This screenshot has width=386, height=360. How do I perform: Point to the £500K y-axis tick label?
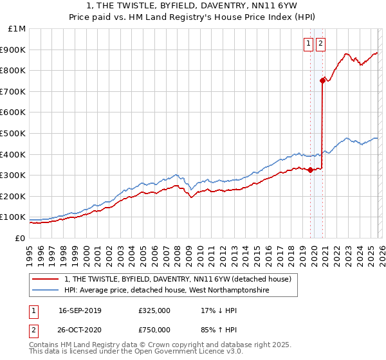pos(14,133)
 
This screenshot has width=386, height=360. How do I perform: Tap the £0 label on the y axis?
pos(20,238)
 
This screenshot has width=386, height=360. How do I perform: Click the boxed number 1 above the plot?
pos(309,44)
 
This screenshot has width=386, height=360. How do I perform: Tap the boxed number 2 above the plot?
pos(320,44)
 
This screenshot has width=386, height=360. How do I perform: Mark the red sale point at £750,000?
pos(322,80)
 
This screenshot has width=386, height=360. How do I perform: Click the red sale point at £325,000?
pos(310,170)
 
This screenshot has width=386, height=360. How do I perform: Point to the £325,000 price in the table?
pos(154,310)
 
